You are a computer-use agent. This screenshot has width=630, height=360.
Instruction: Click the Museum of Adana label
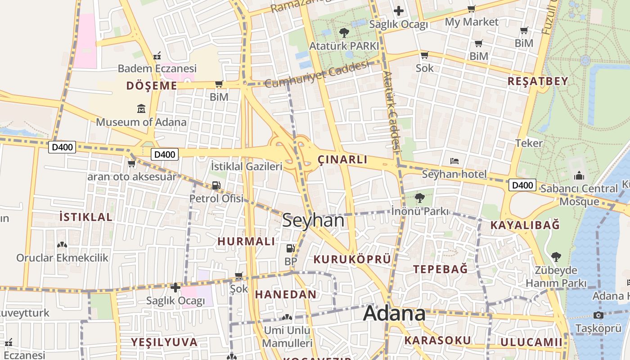coord(141,122)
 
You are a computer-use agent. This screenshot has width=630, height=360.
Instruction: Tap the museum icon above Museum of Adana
coord(141,109)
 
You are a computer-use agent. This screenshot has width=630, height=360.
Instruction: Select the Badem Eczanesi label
coord(157,68)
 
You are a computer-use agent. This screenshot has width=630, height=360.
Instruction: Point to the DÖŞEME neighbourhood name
coord(152,85)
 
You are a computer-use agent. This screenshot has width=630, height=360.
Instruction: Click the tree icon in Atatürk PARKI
coord(344,32)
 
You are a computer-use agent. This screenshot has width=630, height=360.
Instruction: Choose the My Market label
coord(472,22)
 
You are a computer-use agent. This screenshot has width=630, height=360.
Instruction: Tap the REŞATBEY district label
coord(538,81)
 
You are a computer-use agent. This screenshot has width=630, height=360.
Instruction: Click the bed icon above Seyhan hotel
coord(454,161)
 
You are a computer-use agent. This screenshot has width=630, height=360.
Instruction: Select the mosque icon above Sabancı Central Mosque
coord(579,175)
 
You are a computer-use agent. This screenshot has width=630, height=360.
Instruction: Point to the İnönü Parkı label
coord(419,211)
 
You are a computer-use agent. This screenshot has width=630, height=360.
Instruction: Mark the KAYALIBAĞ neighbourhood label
coord(525,225)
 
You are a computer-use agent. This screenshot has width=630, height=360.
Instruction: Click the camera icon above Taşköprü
coord(598,315)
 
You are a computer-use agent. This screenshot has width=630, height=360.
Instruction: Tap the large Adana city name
coord(394,313)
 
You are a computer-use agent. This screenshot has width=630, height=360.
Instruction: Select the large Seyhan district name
coord(313,220)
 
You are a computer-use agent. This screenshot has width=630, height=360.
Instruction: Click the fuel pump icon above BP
coord(291,248)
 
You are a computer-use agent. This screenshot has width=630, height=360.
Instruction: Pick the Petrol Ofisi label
coord(216,198)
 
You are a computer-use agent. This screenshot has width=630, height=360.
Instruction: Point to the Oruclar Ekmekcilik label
coord(63,258)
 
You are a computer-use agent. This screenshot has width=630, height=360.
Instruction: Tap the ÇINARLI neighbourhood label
coord(342,159)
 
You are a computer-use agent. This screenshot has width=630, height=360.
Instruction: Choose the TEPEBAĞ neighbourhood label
coord(441,269)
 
